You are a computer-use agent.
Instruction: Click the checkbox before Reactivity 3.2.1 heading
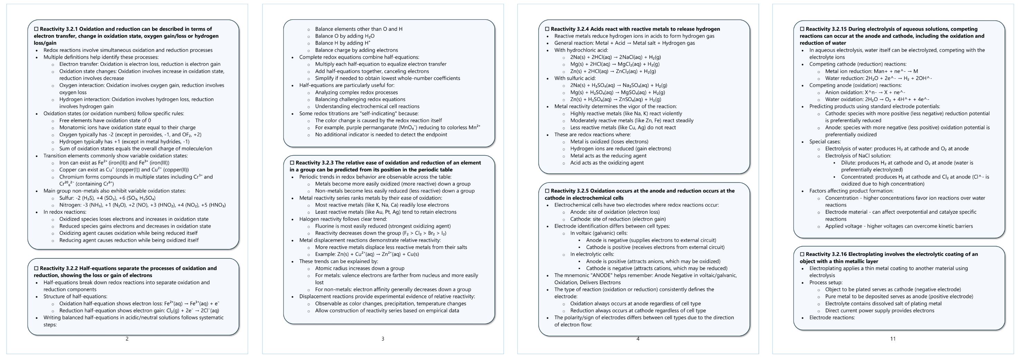[x=36, y=29]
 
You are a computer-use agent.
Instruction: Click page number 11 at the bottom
[x=892, y=339]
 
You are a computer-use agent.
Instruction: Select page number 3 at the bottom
[x=382, y=339]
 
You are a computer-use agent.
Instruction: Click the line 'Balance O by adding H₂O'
[x=344, y=36]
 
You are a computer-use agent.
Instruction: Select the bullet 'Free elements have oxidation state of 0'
[x=105, y=120]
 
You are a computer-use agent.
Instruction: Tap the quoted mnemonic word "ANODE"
[x=605, y=275]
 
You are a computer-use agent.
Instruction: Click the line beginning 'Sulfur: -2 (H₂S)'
[x=107, y=198]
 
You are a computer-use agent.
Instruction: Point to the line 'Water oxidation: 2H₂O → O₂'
[x=877, y=99]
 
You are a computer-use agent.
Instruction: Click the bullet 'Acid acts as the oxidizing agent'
[x=607, y=163]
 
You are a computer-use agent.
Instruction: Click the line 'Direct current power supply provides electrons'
[x=879, y=311]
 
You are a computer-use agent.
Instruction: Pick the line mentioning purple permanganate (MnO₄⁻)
[x=397, y=127]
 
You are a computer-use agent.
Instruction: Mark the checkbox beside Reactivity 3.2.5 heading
[x=547, y=191]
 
